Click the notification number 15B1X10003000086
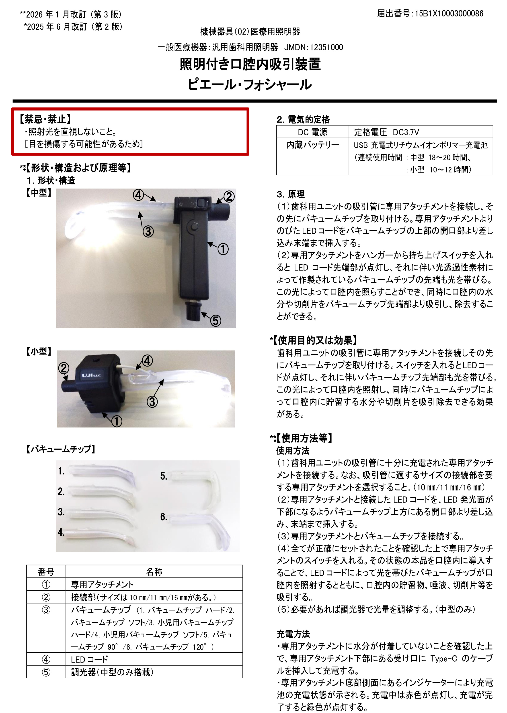click(449, 14)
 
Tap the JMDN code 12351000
click(326, 47)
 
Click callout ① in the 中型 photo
click(223, 249)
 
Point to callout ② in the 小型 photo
click(64, 368)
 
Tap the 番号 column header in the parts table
click(46, 571)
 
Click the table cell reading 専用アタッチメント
click(102, 584)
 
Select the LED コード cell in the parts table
click(89, 659)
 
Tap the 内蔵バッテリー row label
click(313, 145)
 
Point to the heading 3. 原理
click(291, 194)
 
